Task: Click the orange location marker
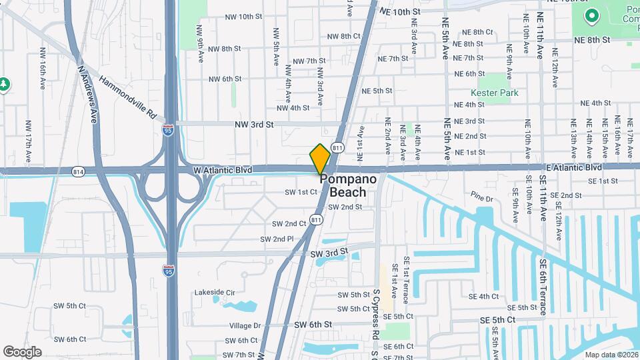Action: [x=321, y=159]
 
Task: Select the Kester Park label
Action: [x=494, y=93]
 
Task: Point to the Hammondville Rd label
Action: [x=127, y=98]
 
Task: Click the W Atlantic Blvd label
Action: [x=223, y=170]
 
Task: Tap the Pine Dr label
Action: [x=481, y=198]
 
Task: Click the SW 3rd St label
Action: [x=329, y=252]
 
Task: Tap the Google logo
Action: [x=22, y=351]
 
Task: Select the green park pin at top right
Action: [x=590, y=15]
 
